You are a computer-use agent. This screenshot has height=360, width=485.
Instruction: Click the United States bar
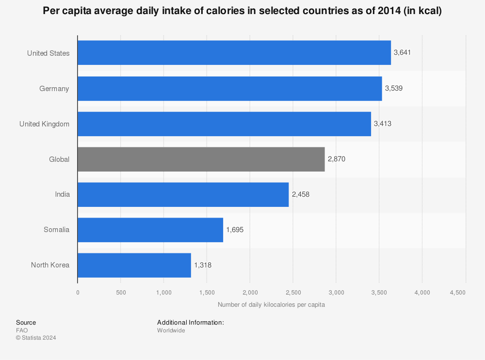pos(234,53)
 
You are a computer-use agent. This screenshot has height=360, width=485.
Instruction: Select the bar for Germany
pos(229,89)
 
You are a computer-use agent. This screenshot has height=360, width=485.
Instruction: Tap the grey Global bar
pos(201,159)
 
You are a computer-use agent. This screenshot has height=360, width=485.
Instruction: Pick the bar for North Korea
pos(134,265)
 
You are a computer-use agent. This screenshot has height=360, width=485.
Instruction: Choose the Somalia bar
pos(150,230)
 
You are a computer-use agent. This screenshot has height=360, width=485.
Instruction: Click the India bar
pos(183,194)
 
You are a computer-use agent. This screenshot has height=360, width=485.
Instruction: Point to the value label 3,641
pos(402,53)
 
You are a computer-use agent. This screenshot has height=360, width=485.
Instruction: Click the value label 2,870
pos(336,159)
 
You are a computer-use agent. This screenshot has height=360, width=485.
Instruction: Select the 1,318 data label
pos(203,265)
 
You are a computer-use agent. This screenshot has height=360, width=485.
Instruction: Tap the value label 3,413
pos(382,124)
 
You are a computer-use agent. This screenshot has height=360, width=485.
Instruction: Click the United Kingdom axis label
pos(44,124)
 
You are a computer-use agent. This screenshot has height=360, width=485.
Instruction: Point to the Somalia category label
pos(56,230)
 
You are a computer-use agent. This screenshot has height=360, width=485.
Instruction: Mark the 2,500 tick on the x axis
pos(293,293)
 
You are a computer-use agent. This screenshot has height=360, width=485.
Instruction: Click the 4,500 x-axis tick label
pos(458,293)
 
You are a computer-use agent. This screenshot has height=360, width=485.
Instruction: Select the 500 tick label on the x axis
pos(121,293)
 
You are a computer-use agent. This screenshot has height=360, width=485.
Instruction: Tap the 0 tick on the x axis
pos(78,293)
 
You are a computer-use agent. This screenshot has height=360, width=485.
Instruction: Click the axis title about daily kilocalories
pos(271,305)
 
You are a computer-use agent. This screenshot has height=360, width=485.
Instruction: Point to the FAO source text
pos(22,330)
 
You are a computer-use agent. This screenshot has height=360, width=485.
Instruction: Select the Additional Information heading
pos(190,322)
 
